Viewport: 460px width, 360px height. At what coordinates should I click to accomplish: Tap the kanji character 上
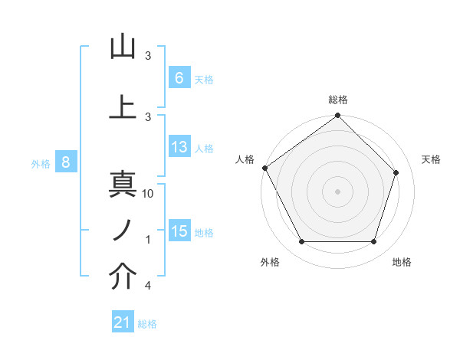pos(123,106)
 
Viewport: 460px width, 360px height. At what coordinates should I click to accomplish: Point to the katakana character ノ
pos(122,230)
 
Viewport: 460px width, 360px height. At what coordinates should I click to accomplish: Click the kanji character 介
pos(123,277)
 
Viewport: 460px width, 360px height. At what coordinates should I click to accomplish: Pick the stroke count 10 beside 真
pos(149,194)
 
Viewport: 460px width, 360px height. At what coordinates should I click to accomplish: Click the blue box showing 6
pos(179,77)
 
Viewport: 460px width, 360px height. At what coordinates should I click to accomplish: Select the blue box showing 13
pos(179,148)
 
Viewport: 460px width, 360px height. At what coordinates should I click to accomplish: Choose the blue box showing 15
pos(179,231)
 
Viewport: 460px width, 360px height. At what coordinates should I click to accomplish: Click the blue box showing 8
pos(66,162)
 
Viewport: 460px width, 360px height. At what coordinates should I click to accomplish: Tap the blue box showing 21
pos(122,322)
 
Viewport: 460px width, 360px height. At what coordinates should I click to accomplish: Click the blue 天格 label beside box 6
pos(204,79)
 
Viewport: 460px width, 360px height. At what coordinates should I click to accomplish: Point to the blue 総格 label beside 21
pos(147,324)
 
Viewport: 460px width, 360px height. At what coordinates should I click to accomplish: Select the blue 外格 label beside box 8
pos(41,163)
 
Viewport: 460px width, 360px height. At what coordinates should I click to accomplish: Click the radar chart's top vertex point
pos(337,116)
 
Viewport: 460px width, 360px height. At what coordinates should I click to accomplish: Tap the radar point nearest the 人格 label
pos(265,168)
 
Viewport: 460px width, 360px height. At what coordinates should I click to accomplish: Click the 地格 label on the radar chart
pos(402,262)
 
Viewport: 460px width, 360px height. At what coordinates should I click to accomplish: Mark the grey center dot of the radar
pos(337,191)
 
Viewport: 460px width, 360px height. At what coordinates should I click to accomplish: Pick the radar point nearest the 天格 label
pos(396,172)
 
